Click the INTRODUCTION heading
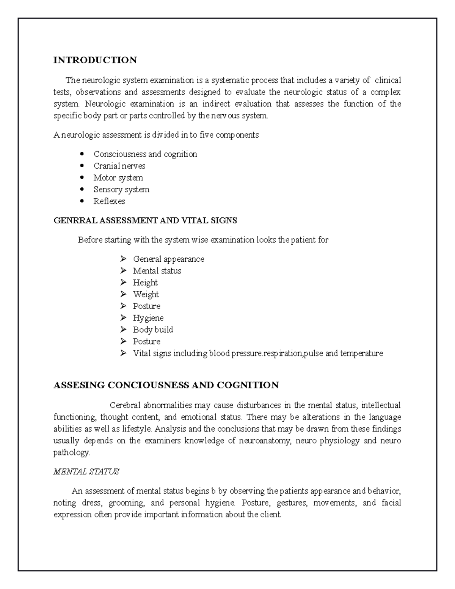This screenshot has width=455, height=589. point(95,60)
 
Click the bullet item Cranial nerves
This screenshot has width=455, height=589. point(119,166)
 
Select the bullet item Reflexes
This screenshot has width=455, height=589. point(109,201)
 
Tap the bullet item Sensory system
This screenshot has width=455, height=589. point(121,189)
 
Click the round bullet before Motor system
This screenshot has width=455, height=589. point(82,177)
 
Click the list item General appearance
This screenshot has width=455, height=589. point(168,259)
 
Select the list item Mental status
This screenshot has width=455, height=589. point(157,271)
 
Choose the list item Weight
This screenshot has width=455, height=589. point(146,294)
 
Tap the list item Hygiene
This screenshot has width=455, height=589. point(148,318)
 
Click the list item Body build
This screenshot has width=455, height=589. point(153,330)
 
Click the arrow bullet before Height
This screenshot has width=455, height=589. point(123,283)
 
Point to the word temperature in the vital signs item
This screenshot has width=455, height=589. point(361,353)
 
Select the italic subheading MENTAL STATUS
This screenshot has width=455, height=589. point(86,472)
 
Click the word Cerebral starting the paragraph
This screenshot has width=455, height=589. point(125,405)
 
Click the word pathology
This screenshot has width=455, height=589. point(72,452)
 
